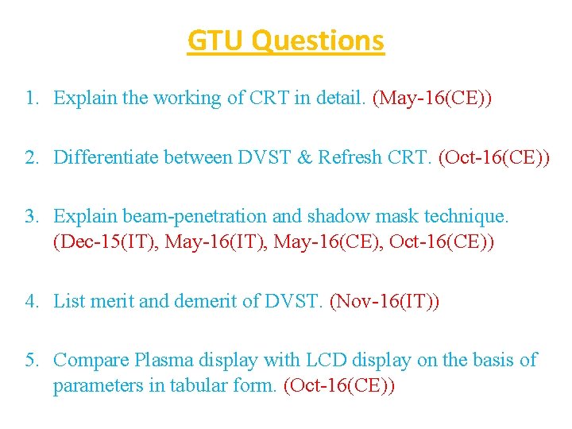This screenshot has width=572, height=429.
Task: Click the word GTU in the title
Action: [x=213, y=40]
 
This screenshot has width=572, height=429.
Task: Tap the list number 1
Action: [x=31, y=99]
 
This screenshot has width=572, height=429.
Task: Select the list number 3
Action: [x=31, y=216]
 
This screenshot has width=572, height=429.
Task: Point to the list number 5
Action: [x=31, y=361]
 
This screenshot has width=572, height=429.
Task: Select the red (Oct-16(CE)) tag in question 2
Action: [x=493, y=157]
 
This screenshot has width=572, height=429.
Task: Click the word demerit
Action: [x=207, y=301]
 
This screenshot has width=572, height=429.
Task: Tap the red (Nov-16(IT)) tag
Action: [x=384, y=301]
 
